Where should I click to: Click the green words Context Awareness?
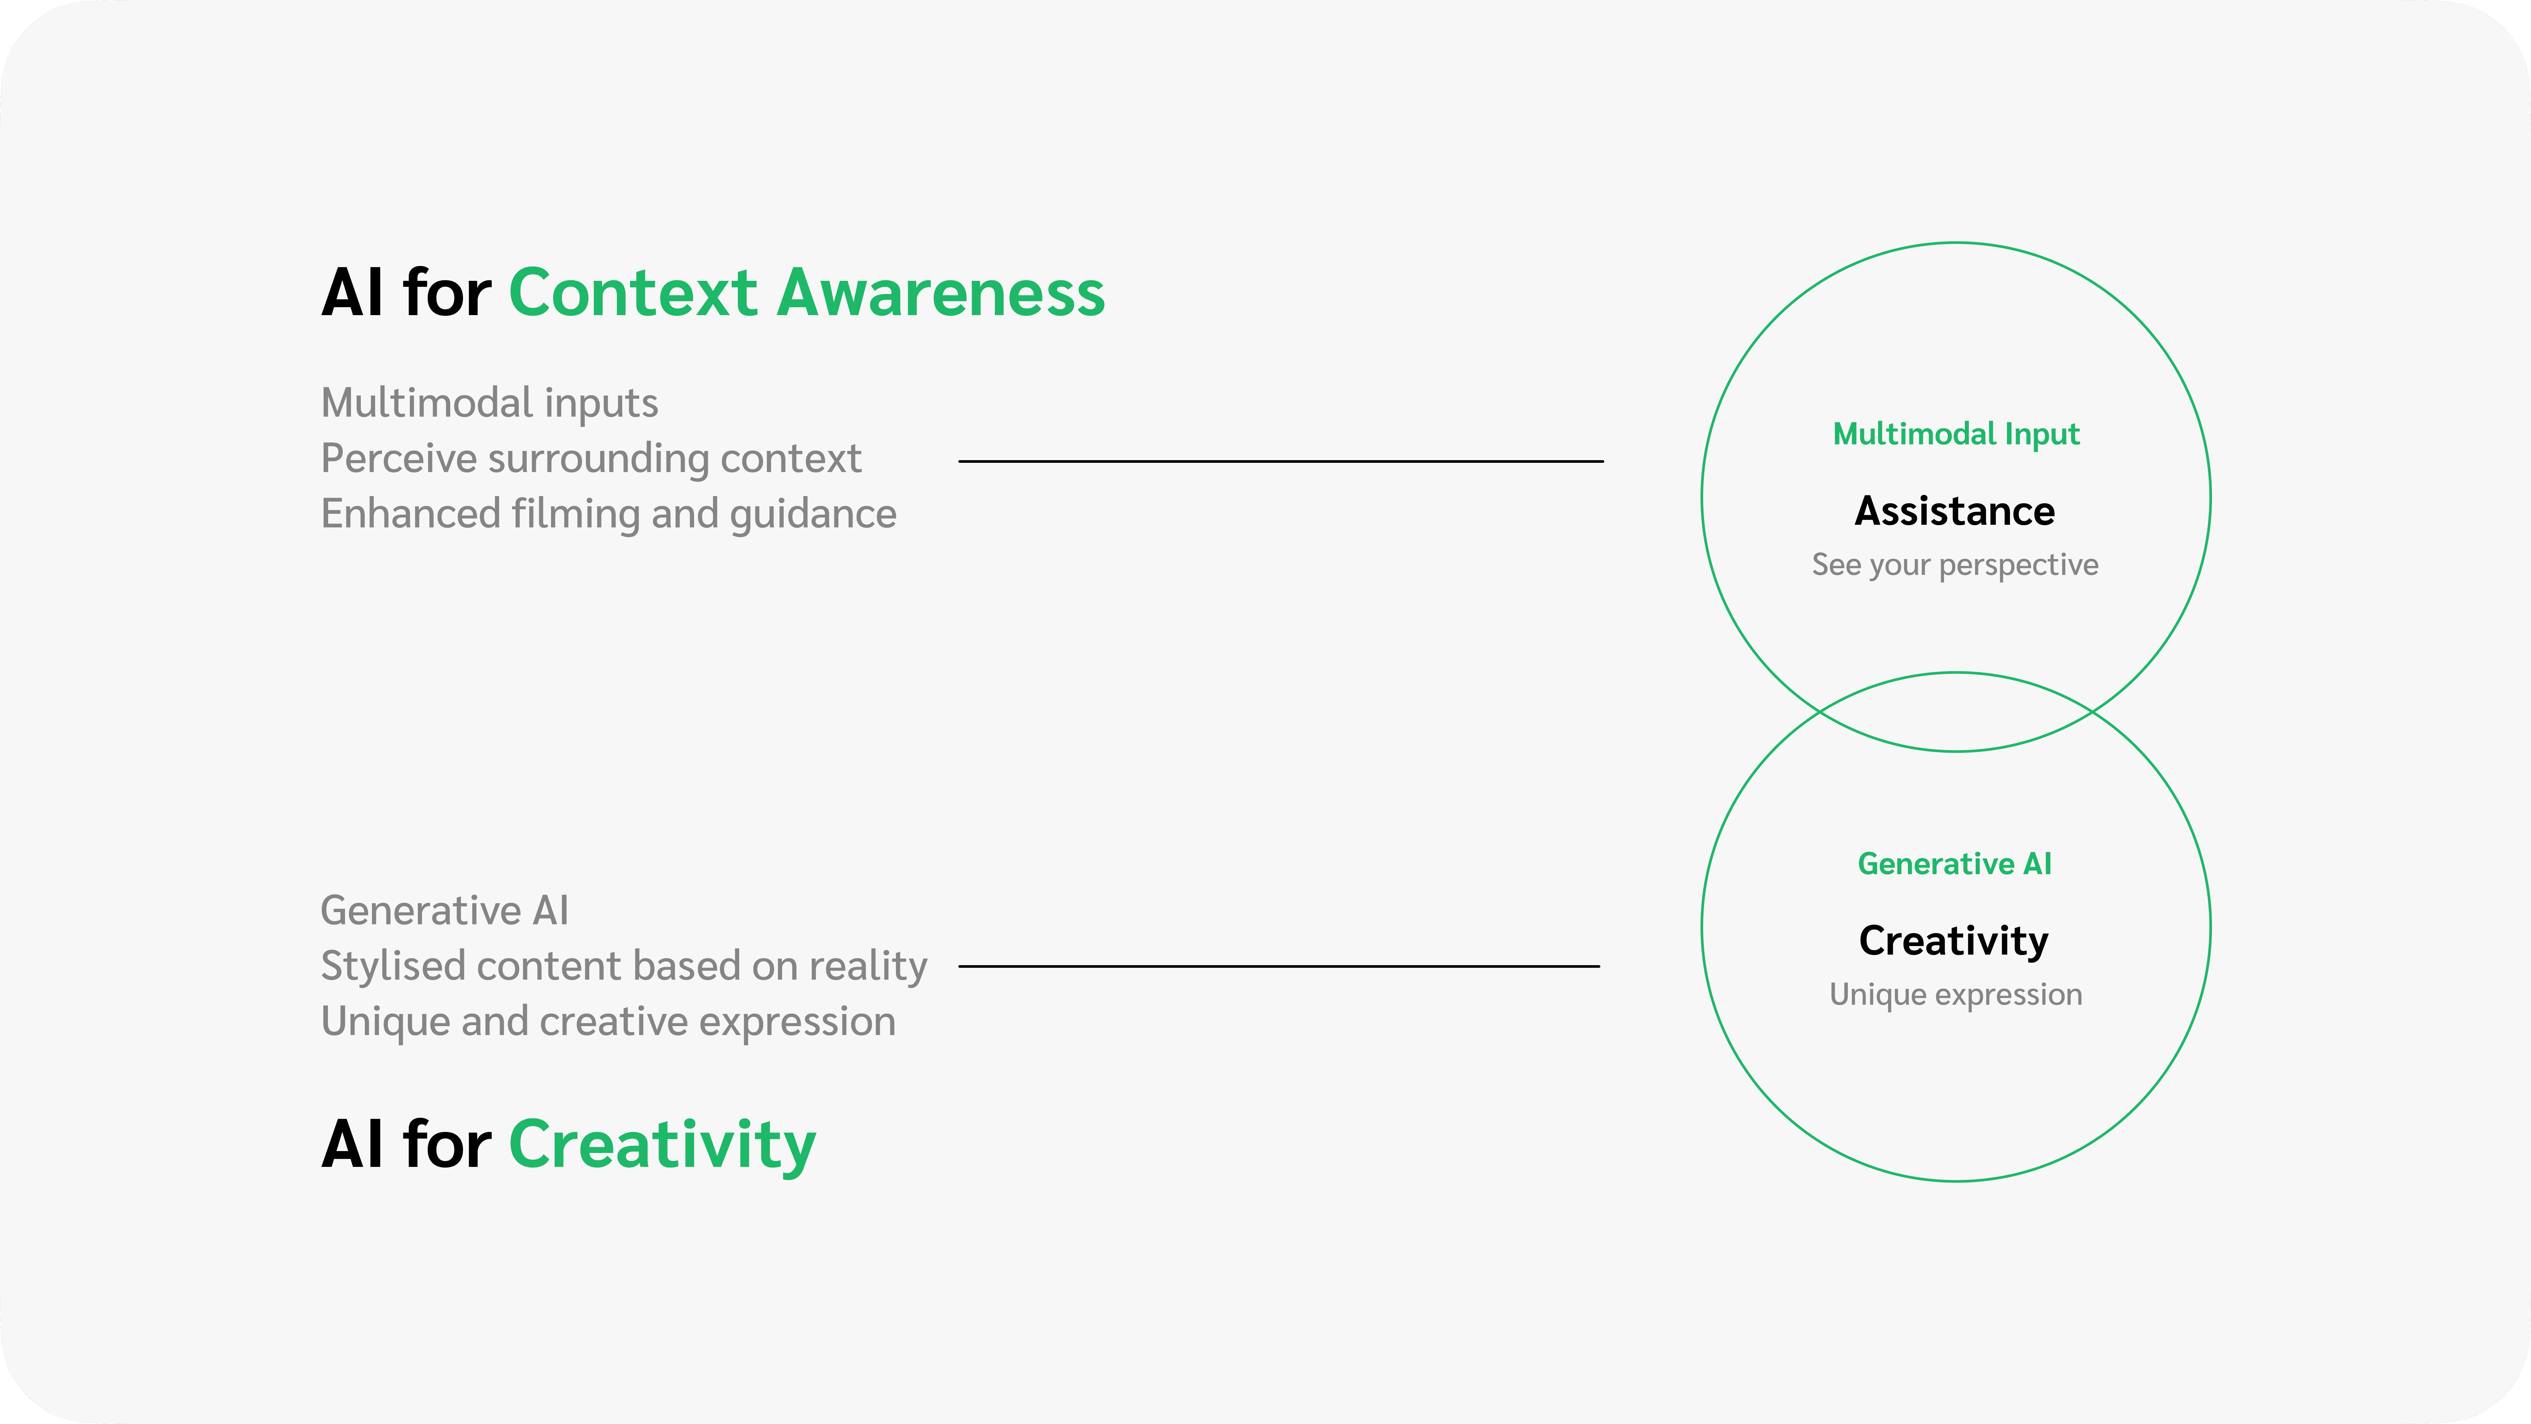[x=807, y=293]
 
